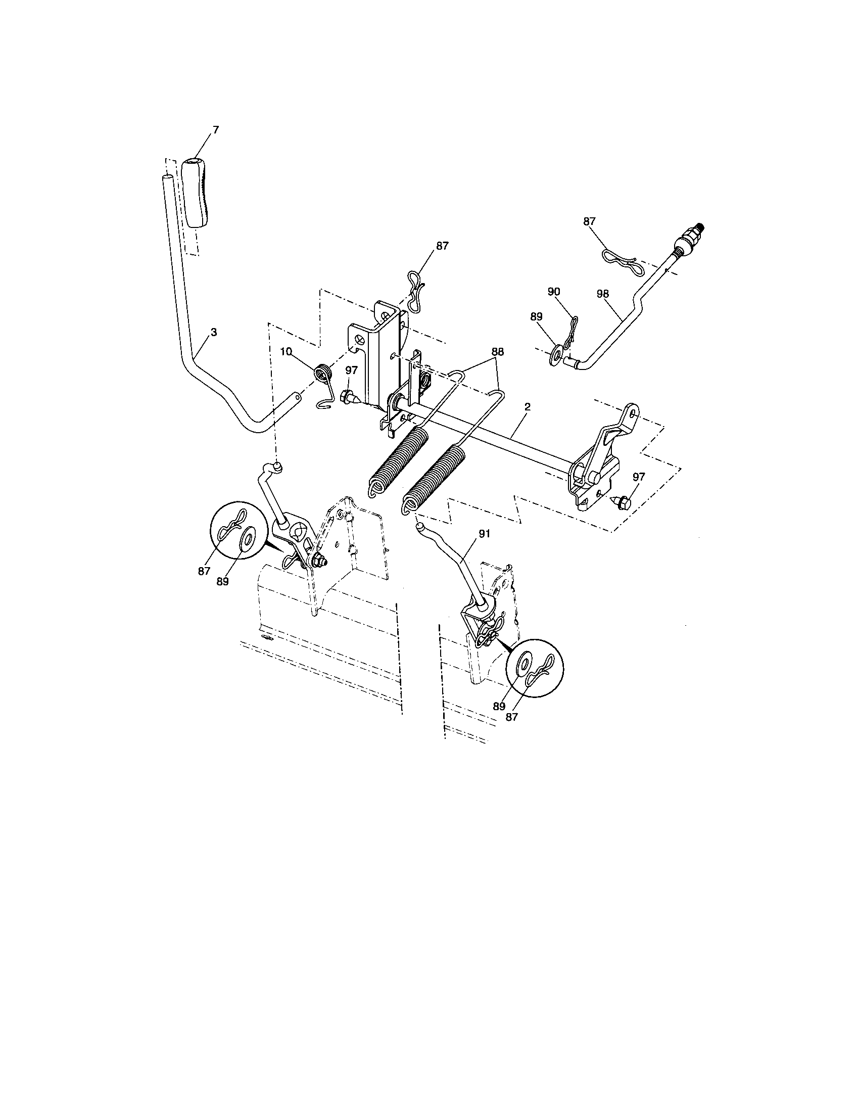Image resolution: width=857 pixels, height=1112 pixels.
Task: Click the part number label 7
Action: (x=215, y=130)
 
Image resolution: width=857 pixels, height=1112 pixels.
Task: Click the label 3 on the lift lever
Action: (x=214, y=332)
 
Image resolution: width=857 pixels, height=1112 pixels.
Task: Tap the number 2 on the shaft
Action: (x=527, y=407)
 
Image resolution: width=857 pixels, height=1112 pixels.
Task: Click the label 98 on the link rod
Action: (x=603, y=294)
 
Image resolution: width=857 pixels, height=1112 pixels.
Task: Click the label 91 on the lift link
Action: (x=484, y=534)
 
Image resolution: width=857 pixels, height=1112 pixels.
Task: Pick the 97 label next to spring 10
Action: (x=352, y=370)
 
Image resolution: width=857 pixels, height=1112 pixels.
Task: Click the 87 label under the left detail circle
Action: (x=204, y=571)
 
